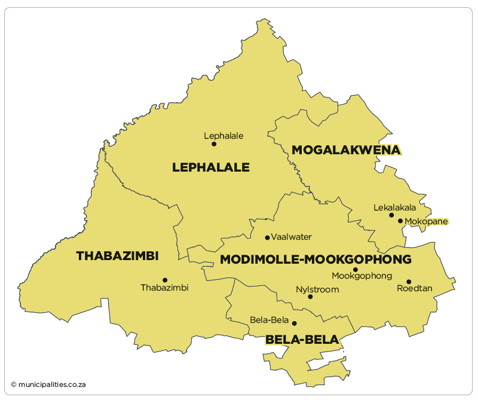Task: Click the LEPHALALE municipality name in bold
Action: [210, 167]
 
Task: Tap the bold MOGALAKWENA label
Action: [345, 149]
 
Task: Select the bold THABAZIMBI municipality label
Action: [117, 256]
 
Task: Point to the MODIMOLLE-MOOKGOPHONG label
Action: [315, 259]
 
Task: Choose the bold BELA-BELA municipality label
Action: [302, 340]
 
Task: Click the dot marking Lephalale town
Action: [214, 144]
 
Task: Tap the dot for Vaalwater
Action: [267, 237]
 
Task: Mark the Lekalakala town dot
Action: [391, 215]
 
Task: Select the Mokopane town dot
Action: [400, 221]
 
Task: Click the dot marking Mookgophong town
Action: [355, 270]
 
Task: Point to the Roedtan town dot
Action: [409, 282]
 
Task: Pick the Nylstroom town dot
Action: [310, 297]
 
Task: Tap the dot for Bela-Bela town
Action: [294, 323]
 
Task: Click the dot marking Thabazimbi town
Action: [165, 280]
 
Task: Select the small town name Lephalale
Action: [223, 136]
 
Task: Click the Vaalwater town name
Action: [292, 237]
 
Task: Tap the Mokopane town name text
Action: [426, 221]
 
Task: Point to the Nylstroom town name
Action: [317, 289]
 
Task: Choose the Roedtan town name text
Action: [414, 289]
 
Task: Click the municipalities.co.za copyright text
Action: [48, 384]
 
